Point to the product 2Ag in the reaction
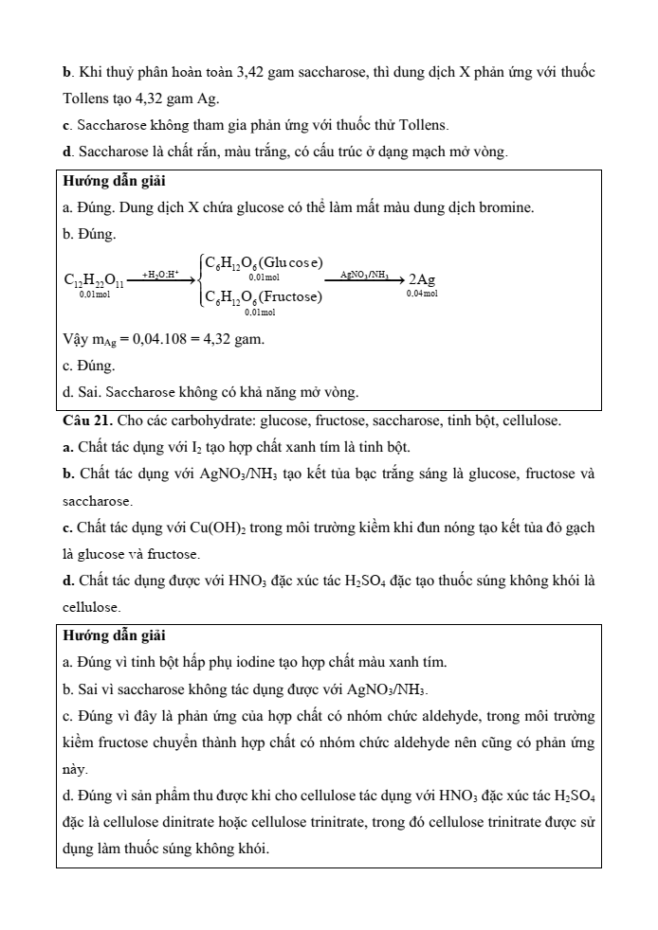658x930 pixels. (422, 279)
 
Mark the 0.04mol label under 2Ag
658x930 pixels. (422, 295)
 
